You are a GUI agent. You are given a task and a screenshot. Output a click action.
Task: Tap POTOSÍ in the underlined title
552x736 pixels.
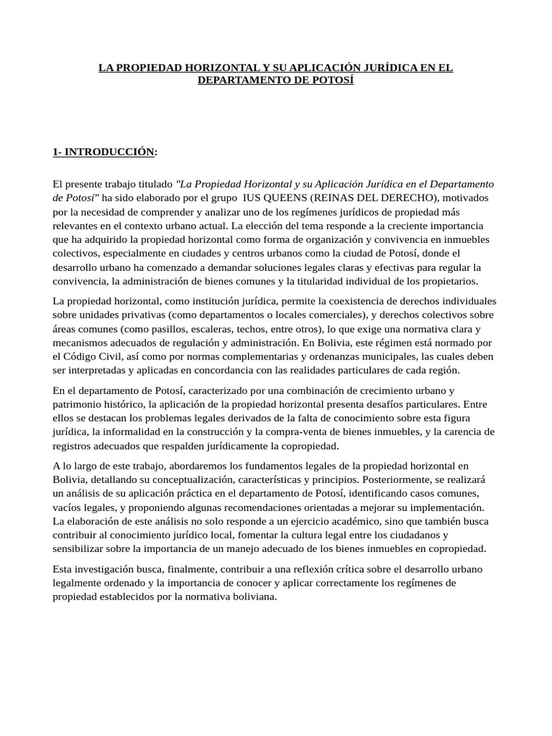point(332,80)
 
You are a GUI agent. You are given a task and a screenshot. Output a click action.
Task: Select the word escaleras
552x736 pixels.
point(196,328)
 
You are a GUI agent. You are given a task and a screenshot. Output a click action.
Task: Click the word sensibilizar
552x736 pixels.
point(80,548)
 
